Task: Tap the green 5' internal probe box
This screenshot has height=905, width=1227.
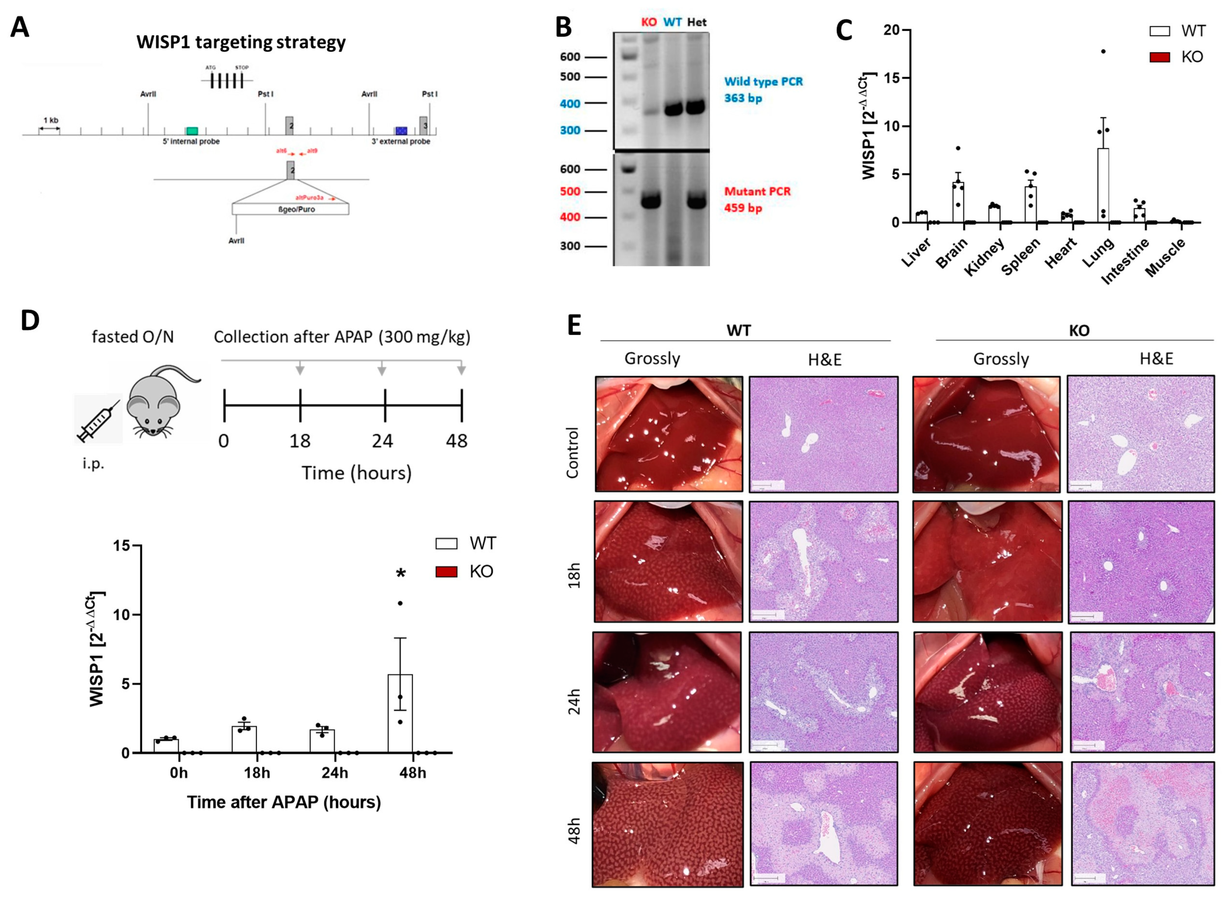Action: [x=192, y=131]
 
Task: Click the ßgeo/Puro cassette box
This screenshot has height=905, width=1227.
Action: [x=290, y=209]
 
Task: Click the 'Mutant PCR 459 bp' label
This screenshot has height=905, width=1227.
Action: [x=757, y=199]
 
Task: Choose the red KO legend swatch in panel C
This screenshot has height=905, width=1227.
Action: [x=1160, y=57]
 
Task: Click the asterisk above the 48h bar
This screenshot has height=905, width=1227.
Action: [x=401, y=574]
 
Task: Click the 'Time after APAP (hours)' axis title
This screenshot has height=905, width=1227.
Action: [x=284, y=803]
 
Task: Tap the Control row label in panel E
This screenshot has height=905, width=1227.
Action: [x=572, y=453]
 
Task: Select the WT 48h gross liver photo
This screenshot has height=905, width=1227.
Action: [x=668, y=823]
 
